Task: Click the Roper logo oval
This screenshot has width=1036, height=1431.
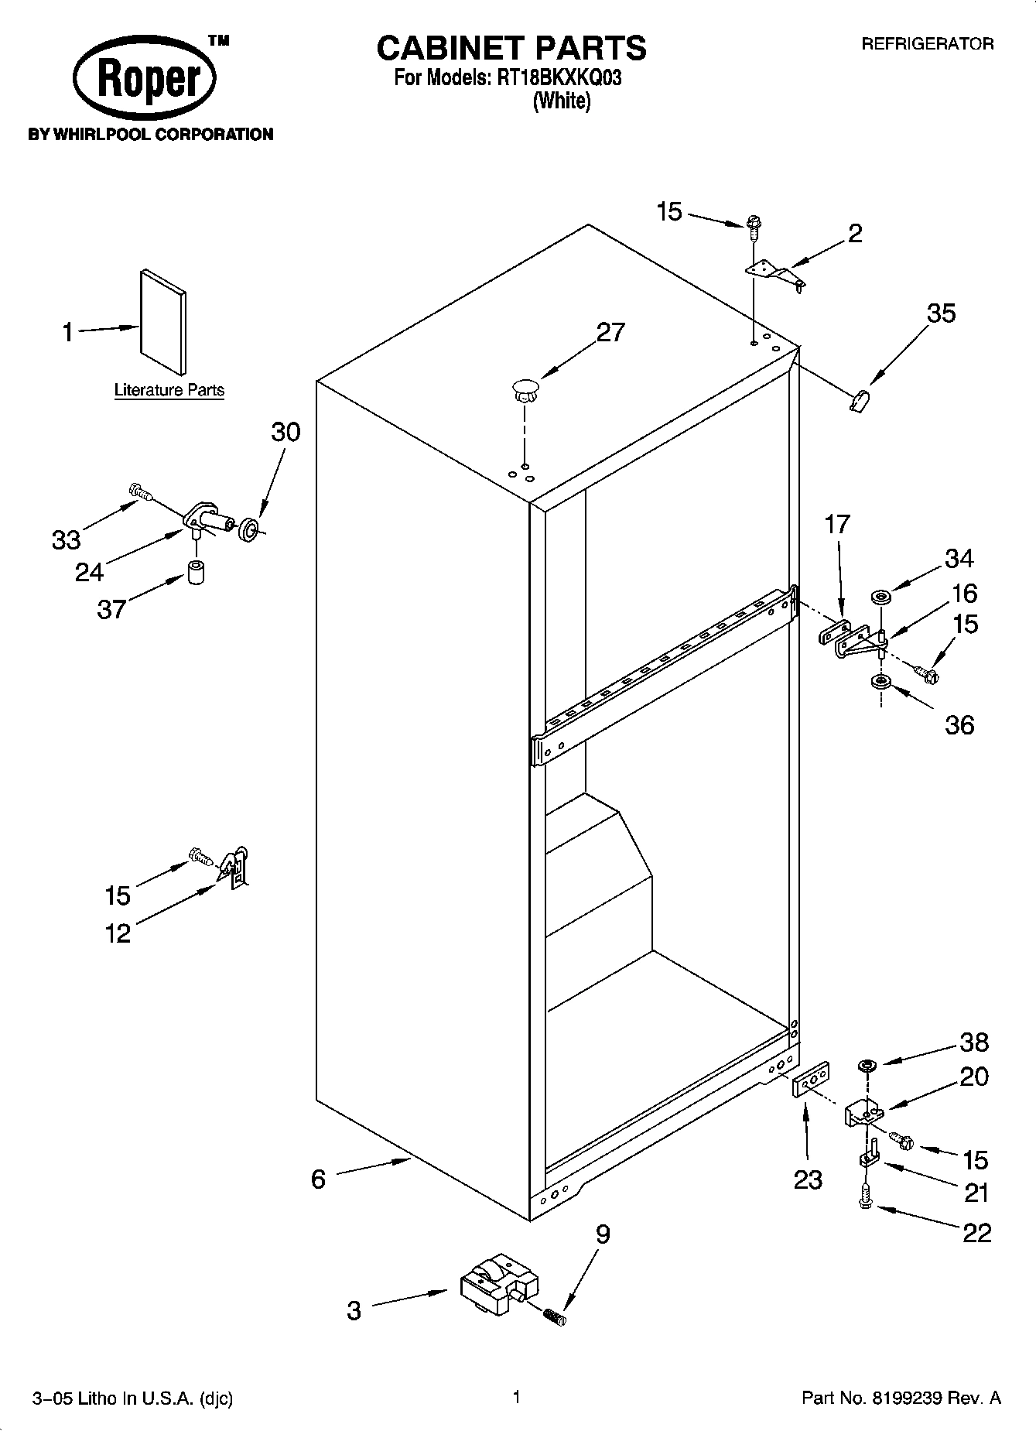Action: click(x=144, y=80)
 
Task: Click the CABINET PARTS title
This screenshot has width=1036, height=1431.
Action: click(x=511, y=48)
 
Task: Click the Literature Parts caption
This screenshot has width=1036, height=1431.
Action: click(x=169, y=390)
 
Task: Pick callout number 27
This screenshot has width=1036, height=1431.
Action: click(x=610, y=332)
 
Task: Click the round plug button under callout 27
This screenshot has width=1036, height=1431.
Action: click(x=525, y=389)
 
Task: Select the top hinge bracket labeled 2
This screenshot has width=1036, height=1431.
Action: click(x=774, y=275)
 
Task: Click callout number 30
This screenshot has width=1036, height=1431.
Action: click(x=285, y=431)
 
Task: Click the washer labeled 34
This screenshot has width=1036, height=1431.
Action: click(x=880, y=597)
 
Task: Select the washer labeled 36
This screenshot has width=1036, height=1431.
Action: click(x=880, y=682)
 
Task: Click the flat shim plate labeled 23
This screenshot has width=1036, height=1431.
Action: click(x=811, y=1079)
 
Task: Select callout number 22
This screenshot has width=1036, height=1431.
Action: click(x=976, y=1232)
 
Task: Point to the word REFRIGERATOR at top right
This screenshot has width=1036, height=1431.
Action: click(x=927, y=44)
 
